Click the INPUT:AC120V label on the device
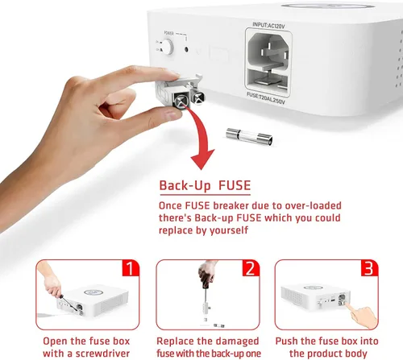(268, 26)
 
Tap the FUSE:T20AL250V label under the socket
(265, 98)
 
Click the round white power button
(167, 47)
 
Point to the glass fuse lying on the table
(249, 136)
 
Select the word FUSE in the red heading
(235, 185)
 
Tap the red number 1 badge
(131, 268)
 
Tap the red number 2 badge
(251, 268)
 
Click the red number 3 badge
(369, 268)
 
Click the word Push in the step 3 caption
(287, 341)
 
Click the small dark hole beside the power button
(186, 49)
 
